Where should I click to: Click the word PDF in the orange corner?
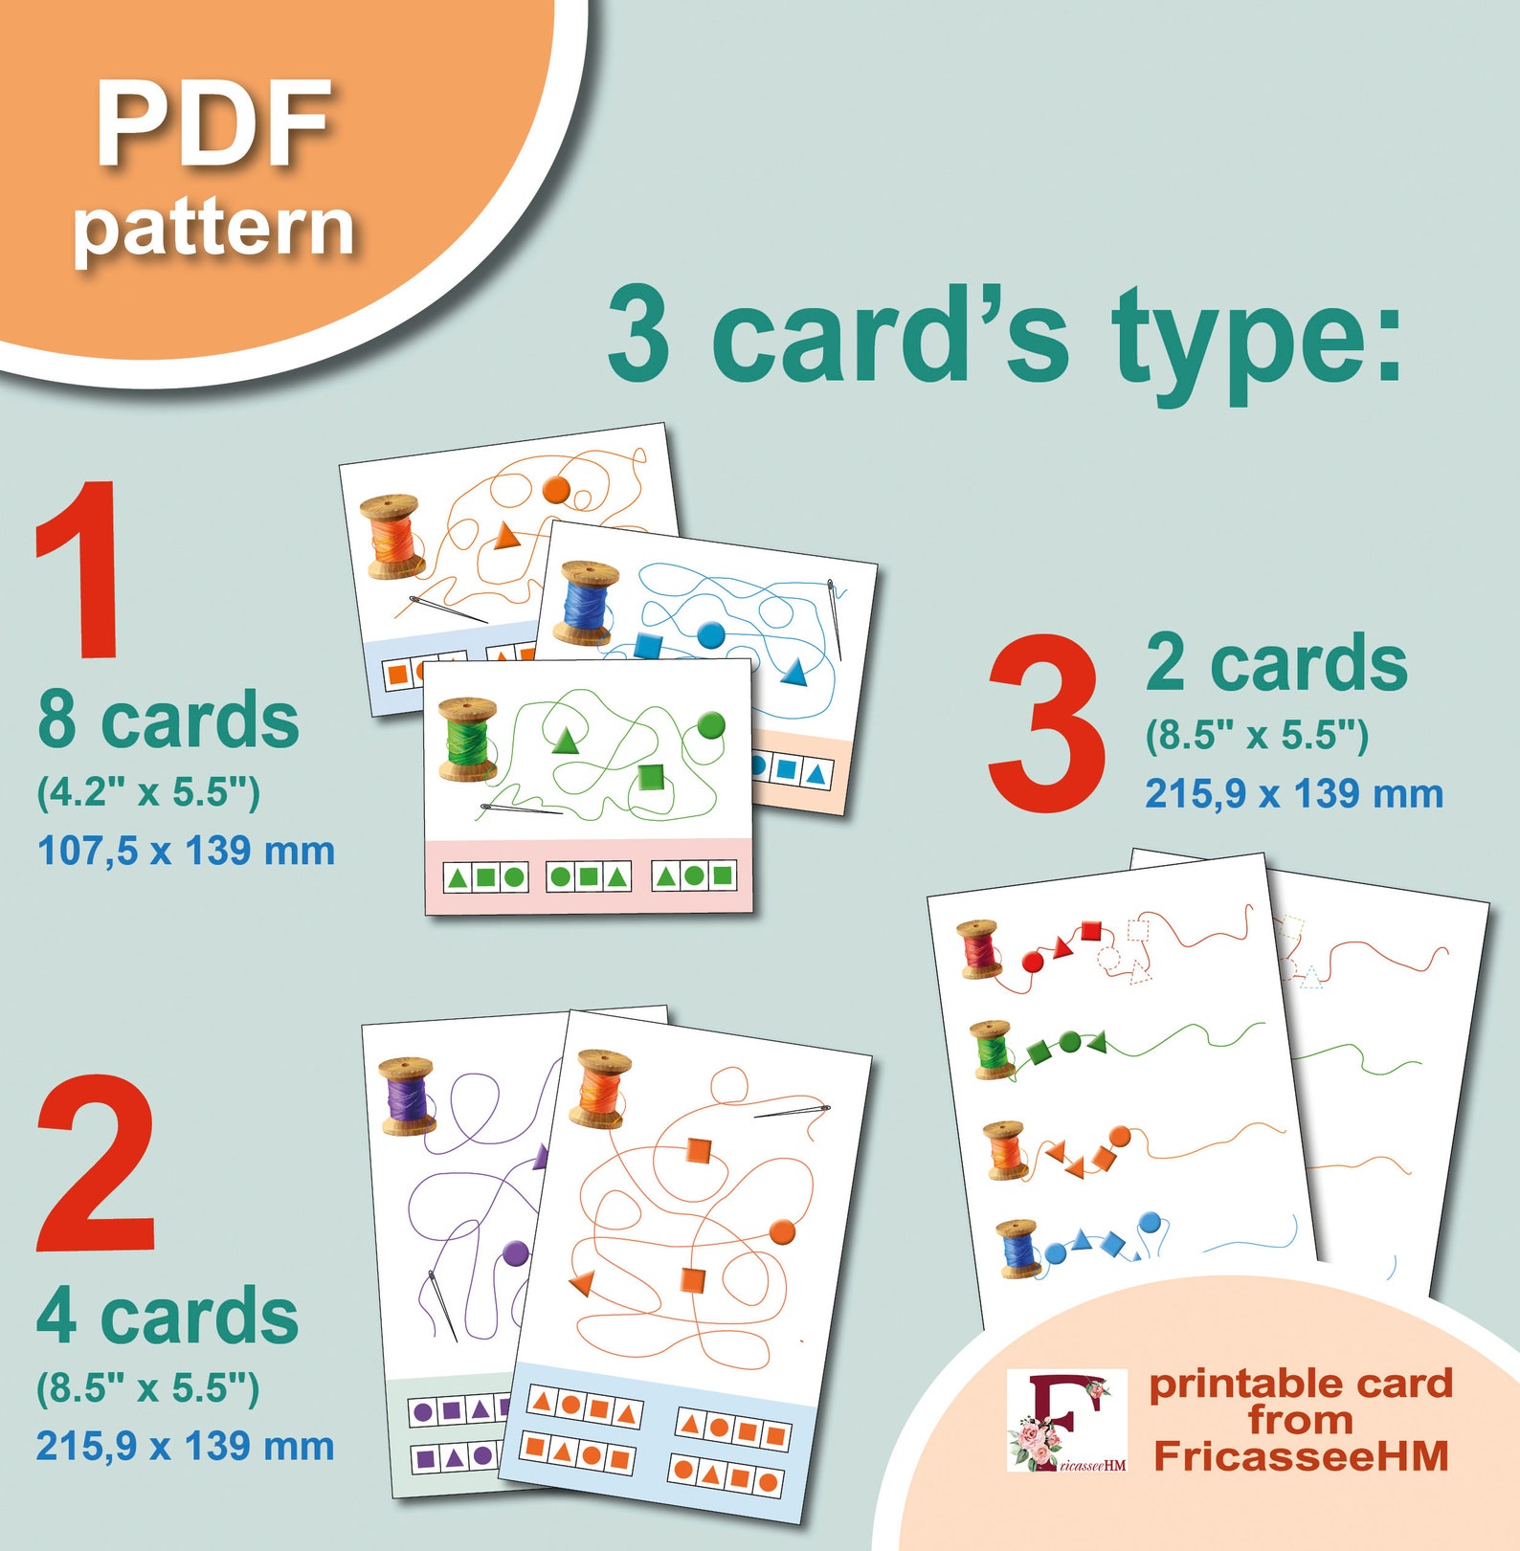(x=214, y=124)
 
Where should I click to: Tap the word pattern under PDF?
(x=214, y=230)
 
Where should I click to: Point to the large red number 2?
(x=96, y=1163)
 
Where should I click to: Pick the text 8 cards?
(x=168, y=720)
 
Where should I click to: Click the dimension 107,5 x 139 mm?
(x=186, y=851)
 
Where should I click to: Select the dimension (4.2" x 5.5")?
(x=148, y=792)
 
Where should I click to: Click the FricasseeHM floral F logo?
(x=1066, y=1419)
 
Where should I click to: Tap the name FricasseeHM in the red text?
(x=1301, y=1456)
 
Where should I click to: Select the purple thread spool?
(x=408, y=1096)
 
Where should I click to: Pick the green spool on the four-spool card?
(x=992, y=1050)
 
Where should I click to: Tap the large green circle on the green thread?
(x=710, y=725)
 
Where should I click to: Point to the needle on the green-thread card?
(x=522, y=810)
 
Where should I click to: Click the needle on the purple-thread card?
(x=441, y=1304)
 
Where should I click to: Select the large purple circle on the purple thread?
(x=515, y=1252)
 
